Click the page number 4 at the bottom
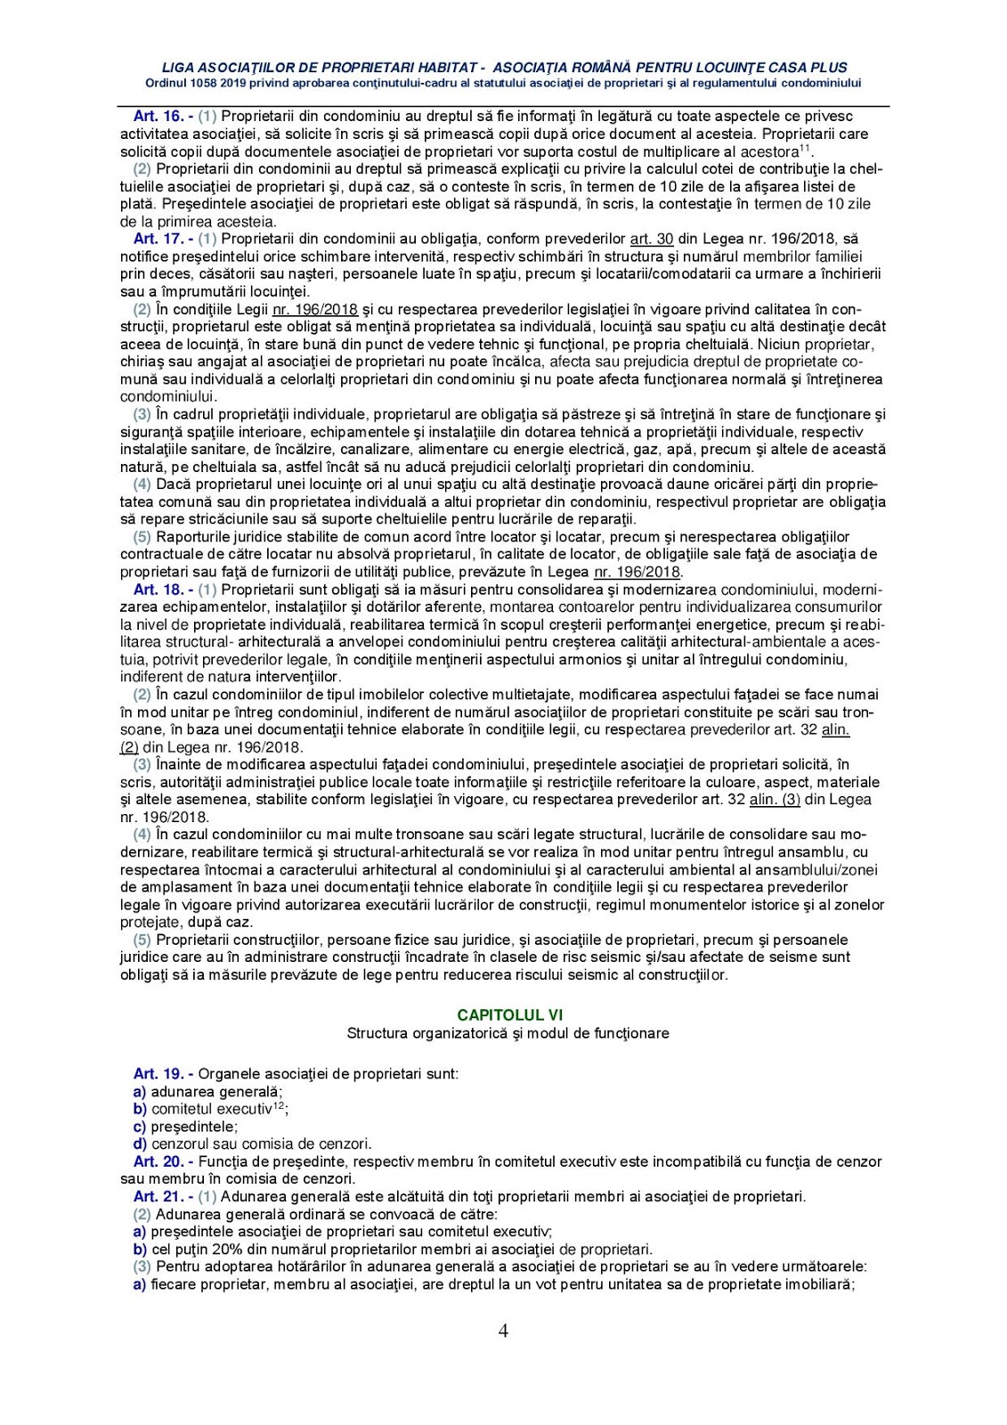tap(503, 1331)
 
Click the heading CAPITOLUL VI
tap(509, 1014)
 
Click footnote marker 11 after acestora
tap(804, 148)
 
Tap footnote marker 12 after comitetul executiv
tap(278, 1105)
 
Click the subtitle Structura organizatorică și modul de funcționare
tap(508, 1033)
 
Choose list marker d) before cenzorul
tap(140, 1144)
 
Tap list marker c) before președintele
tap(140, 1127)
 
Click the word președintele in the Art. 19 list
tap(193, 1127)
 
